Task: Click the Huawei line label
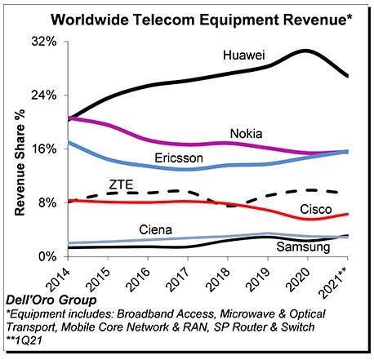(x=244, y=56)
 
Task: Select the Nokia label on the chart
(x=247, y=134)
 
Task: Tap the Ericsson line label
(x=179, y=158)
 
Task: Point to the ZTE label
(x=121, y=184)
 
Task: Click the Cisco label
(x=316, y=209)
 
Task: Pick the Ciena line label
(x=156, y=230)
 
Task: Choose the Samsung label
(x=303, y=247)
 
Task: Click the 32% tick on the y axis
(x=44, y=42)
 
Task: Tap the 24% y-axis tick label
(x=44, y=96)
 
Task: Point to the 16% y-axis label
(x=44, y=149)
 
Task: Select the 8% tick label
(x=47, y=203)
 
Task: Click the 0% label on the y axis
(x=47, y=256)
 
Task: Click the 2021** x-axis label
(x=335, y=281)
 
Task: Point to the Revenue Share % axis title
(x=20, y=162)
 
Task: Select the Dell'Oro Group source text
(x=51, y=300)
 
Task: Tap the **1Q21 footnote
(x=24, y=340)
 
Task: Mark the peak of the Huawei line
(x=305, y=51)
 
